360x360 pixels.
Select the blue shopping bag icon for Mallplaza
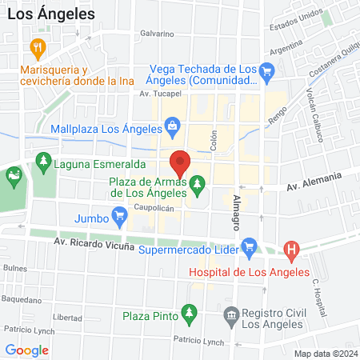(x=172, y=126)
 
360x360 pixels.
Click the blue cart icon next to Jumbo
(x=120, y=214)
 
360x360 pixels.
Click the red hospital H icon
(x=292, y=250)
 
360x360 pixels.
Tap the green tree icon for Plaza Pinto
(x=189, y=311)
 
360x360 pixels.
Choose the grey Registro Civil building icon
(x=232, y=314)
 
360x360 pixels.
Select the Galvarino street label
(x=157, y=34)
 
